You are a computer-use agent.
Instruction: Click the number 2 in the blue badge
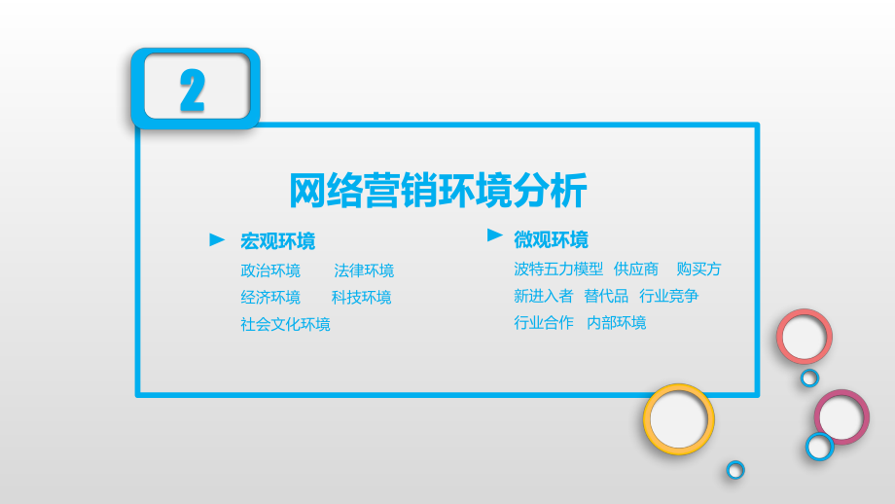(193, 90)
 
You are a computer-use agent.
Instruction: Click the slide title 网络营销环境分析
(438, 191)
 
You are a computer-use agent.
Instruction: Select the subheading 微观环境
(551, 239)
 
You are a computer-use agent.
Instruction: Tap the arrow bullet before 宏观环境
(218, 239)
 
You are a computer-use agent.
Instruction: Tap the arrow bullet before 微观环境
(495, 235)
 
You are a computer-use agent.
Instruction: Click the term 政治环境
(270, 270)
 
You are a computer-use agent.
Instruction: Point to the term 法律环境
(364, 270)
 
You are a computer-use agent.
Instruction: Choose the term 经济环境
(270, 298)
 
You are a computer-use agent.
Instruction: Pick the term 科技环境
(361, 298)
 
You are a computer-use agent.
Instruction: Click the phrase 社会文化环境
(285, 324)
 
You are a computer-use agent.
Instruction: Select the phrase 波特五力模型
(558, 270)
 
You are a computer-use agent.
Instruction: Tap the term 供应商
(636, 270)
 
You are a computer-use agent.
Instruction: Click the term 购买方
(698, 270)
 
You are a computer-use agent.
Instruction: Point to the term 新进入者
(544, 296)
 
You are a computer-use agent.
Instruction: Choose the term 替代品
(606, 296)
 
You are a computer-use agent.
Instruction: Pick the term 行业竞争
(668, 296)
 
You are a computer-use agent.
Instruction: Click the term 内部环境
(616, 322)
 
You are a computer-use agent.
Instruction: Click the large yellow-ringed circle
(678, 419)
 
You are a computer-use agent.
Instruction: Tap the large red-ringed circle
(804, 337)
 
